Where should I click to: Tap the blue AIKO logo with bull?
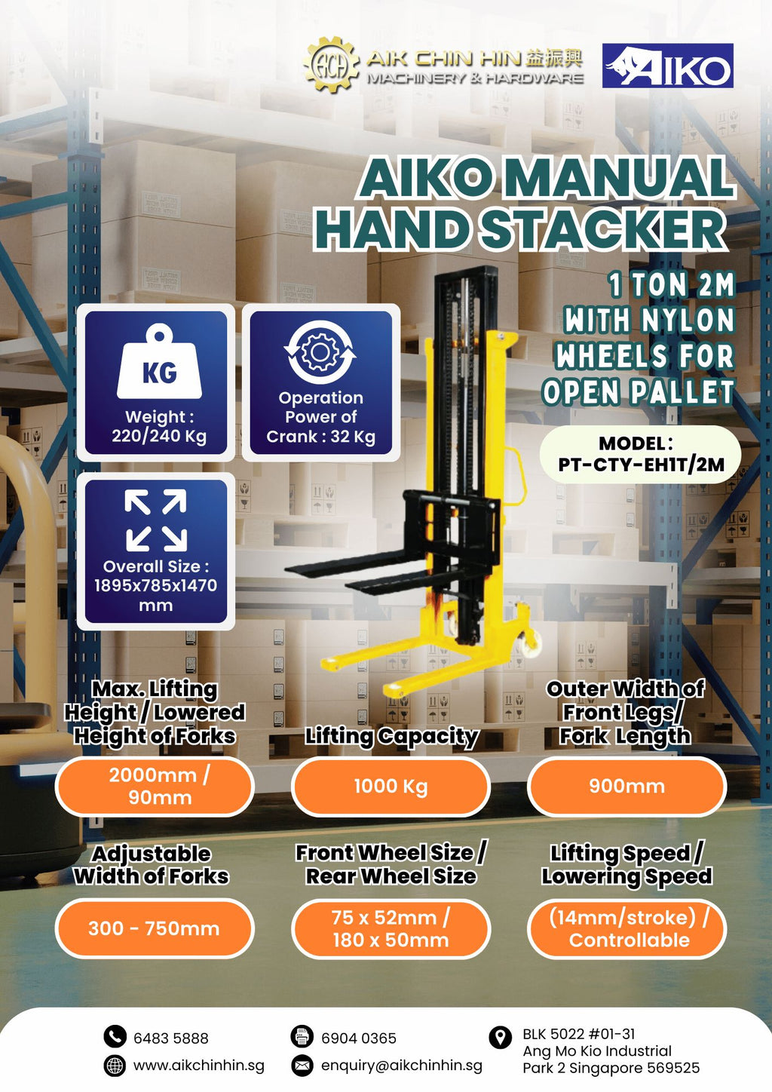[668, 66]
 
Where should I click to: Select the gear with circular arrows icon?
[320, 352]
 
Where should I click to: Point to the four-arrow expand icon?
[156, 520]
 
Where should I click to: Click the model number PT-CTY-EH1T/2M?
[641, 465]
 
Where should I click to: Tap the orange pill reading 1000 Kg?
[391, 787]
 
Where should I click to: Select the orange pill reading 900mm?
[626, 787]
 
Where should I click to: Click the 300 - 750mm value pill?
[155, 928]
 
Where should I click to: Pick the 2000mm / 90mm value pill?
[155, 787]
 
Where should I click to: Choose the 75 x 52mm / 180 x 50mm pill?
[391, 928]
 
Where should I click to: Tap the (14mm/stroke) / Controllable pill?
[626, 928]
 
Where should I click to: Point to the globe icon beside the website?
[115, 1065]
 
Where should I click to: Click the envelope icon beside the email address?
[302, 1065]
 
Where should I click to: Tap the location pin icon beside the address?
[500, 1038]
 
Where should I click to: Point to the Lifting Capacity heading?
[391, 736]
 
